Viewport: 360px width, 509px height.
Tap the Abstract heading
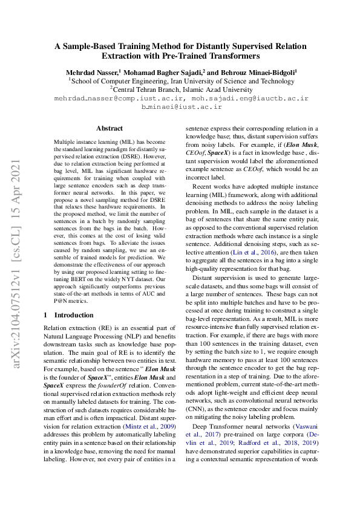pyautogui.click(x=110, y=128)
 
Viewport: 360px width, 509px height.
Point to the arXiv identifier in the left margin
pyautogui.click(x=18, y=254)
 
